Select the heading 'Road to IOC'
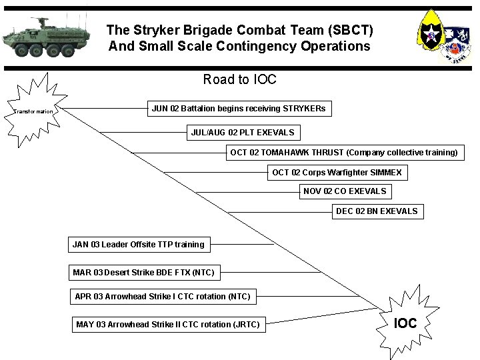239,80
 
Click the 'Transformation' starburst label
33,111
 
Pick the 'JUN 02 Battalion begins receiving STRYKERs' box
239,108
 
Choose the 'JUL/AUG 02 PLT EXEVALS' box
242,133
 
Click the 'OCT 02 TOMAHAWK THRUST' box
344,153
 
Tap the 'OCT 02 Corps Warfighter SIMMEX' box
337,173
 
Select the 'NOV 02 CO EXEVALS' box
345,191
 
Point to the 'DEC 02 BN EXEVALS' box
377,211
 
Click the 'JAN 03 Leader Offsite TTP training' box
139,245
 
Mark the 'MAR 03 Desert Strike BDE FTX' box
143,272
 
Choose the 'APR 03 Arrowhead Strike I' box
163,297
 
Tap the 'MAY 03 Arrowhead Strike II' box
168,325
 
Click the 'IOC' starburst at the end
405,323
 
